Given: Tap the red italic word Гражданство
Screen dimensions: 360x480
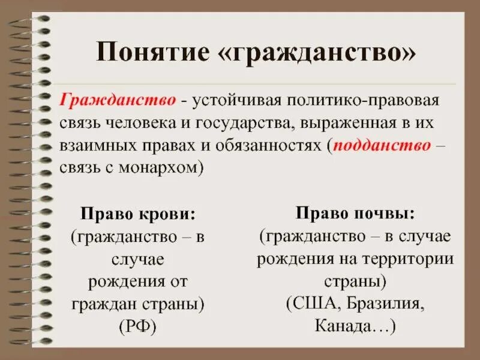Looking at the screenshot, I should (x=118, y=100).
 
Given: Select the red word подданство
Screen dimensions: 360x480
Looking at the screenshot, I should (x=382, y=146).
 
